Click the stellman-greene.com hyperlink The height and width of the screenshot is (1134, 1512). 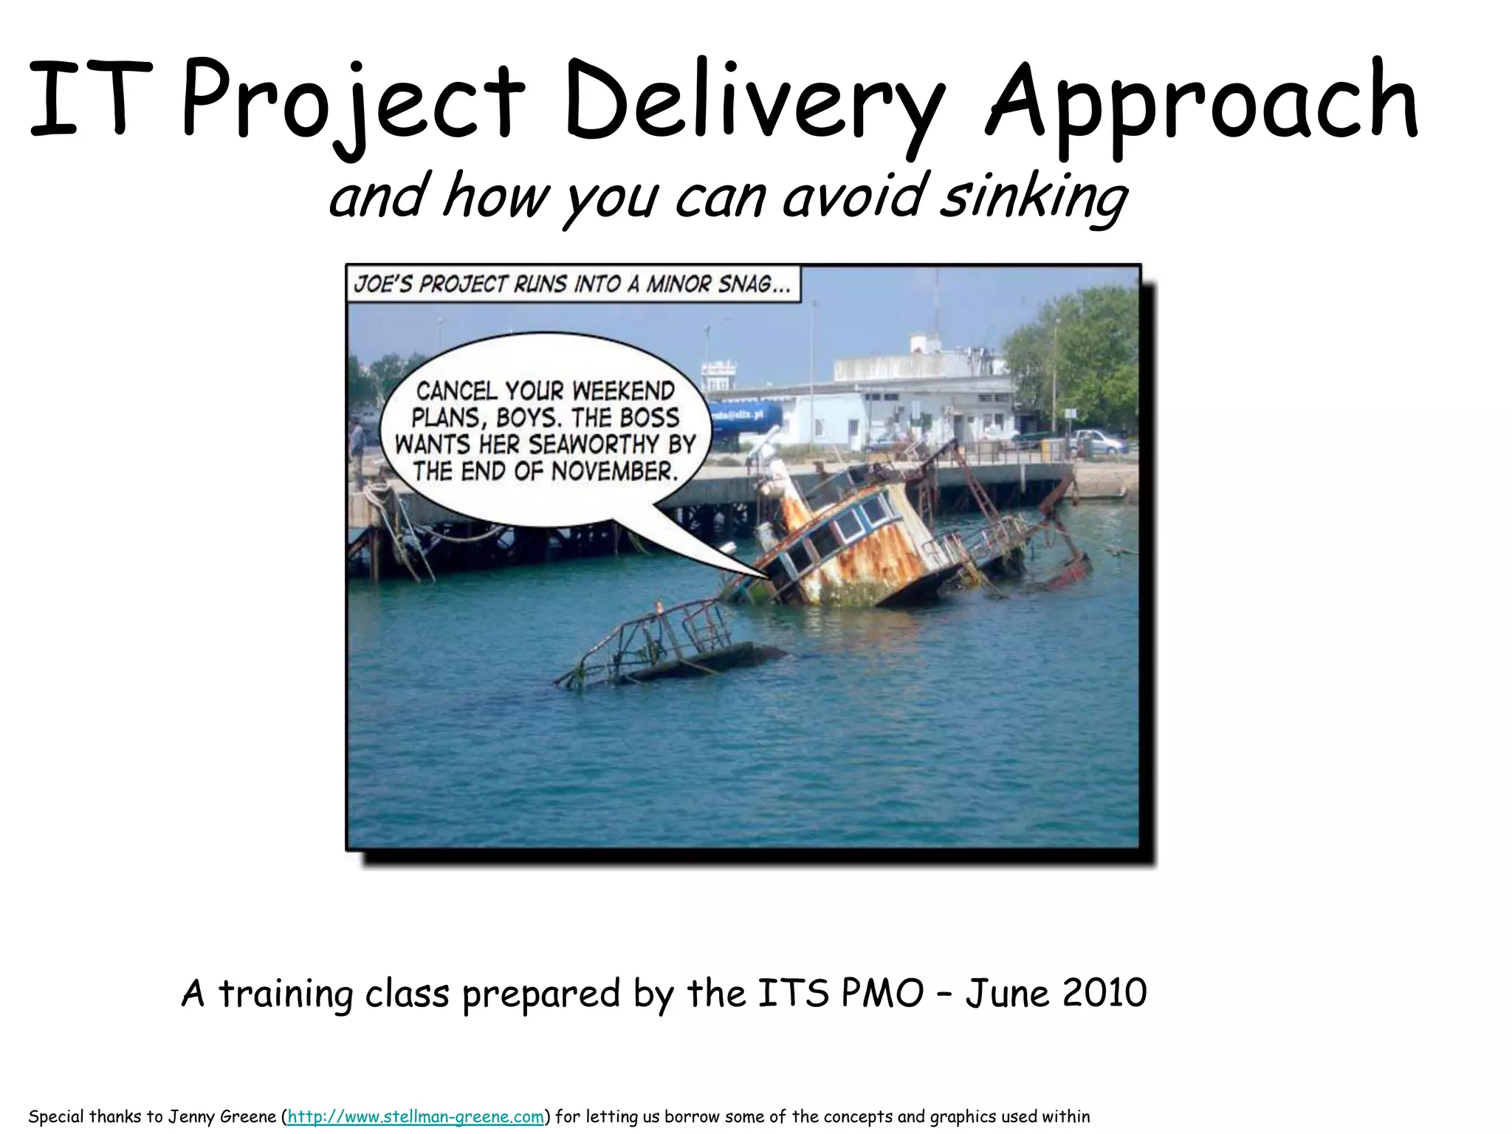coord(415,1116)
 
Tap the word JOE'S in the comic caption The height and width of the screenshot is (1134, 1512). coord(382,284)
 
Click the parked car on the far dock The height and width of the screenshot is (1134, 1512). coord(1100,441)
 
